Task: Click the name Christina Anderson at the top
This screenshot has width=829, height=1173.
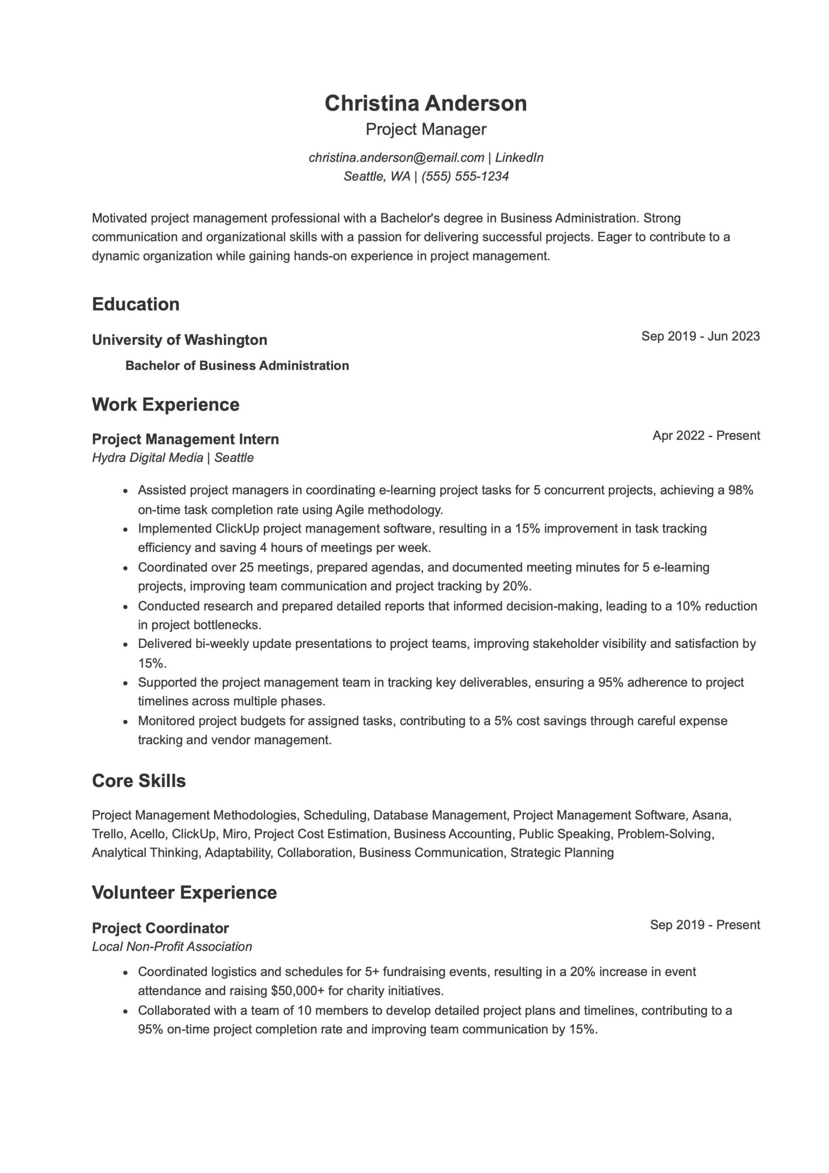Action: pyautogui.click(x=425, y=103)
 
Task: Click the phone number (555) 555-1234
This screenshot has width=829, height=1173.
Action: pyautogui.click(x=465, y=176)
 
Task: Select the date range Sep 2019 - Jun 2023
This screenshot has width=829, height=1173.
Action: pyautogui.click(x=700, y=336)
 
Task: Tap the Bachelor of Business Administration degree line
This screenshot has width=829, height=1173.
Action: pyautogui.click(x=237, y=365)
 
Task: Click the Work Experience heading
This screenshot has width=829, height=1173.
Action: pyautogui.click(x=165, y=404)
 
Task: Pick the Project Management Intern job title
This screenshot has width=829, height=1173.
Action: pyautogui.click(x=185, y=439)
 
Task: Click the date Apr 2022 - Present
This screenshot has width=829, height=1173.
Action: pyautogui.click(x=706, y=435)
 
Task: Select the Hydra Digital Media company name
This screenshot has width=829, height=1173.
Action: pyautogui.click(x=147, y=457)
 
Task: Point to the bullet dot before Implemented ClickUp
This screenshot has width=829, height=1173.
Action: pyautogui.click(x=125, y=529)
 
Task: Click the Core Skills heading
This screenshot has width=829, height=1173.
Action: pyautogui.click(x=138, y=781)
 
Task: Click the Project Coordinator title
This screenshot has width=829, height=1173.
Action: pyautogui.click(x=160, y=928)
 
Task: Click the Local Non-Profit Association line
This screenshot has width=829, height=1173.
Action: pyautogui.click(x=172, y=946)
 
